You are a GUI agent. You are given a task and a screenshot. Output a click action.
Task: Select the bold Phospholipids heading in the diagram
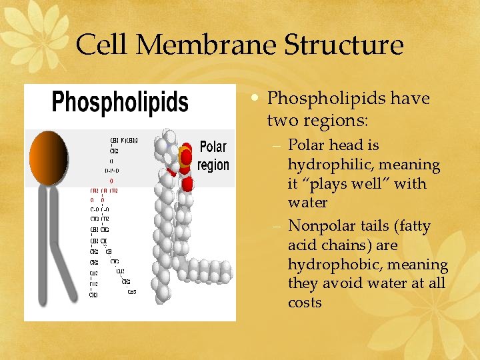(x=120, y=103)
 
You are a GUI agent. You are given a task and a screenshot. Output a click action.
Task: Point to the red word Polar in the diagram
(x=213, y=147)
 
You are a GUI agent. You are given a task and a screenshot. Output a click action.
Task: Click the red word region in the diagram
(x=213, y=165)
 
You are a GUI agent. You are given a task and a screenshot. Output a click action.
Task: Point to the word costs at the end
(x=305, y=303)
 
